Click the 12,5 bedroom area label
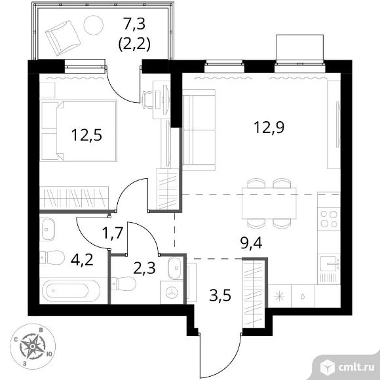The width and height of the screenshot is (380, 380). pos(86,135)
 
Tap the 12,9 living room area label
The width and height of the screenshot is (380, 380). pos(269,128)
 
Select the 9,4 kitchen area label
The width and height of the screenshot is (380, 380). pos(251,243)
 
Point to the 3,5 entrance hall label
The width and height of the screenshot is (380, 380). pos(220,295)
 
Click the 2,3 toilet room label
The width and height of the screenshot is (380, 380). pos(144,268)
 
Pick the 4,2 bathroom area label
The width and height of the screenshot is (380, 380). pos(82,259)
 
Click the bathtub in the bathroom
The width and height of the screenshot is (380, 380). pos(71,291)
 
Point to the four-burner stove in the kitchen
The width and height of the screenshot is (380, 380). pos(329,219)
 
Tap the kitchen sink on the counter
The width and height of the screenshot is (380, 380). pos(329,263)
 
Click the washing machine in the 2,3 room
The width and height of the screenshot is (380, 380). pos(172,292)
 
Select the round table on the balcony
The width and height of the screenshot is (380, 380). pos(93,25)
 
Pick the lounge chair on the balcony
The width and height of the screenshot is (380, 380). pos(63,38)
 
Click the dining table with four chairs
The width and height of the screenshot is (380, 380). pos(269,203)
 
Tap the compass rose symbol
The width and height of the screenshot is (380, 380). pos(33,347)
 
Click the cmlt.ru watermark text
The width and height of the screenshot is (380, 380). pos(356,368)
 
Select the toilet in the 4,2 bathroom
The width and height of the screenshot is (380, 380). pos(52,257)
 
